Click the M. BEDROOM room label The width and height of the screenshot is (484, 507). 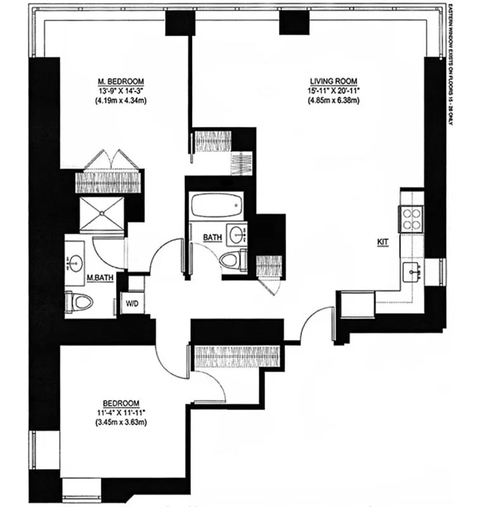pyautogui.click(x=120, y=82)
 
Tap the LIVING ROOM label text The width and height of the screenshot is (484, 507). pyautogui.click(x=334, y=82)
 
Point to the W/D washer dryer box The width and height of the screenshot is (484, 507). pyautogui.click(x=133, y=302)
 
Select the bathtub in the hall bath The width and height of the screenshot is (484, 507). pyautogui.click(x=217, y=207)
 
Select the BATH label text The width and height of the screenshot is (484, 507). pyautogui.click(x=212, y=238)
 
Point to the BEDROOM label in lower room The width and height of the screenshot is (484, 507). pyautogui.click(x=120, y=403)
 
